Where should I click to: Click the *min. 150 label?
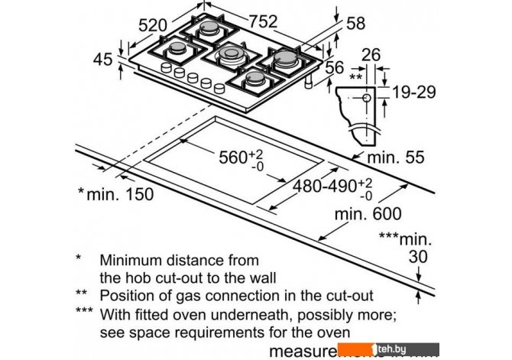[x=115, y=193]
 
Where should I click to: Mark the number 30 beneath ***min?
[x=418, y=257]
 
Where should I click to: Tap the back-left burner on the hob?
[x=209, y=30]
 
